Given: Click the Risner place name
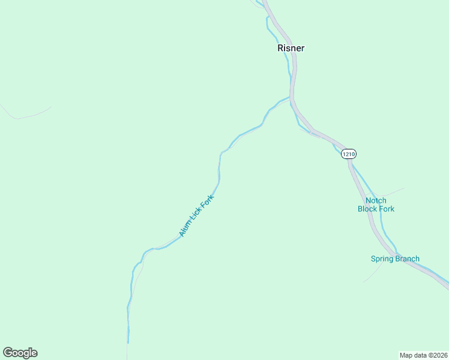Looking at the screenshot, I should coord(291,48).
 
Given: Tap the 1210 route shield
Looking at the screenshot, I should coord(348,154).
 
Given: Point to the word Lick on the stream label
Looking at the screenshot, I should coord(196,215).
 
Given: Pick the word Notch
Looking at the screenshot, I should coord(376,200).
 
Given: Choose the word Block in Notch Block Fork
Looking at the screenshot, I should coord(369,209).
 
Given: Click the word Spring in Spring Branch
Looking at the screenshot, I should coord(382,259).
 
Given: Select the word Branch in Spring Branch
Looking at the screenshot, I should coord(408,259).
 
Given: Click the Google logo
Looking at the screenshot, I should coord(20,353).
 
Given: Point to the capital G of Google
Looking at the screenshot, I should coord(8,353).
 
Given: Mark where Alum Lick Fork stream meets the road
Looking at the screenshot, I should coord(291,97).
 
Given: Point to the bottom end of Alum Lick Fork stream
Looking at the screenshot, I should coord(128,342).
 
